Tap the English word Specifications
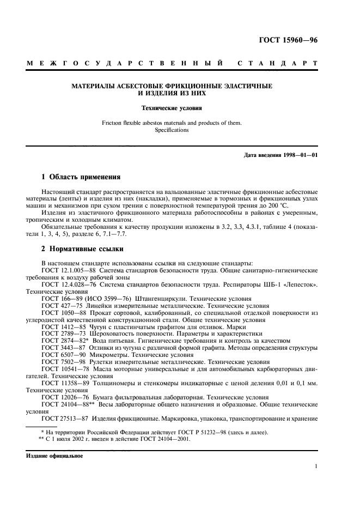coord(172,130)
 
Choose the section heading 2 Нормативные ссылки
coord(82,250)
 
